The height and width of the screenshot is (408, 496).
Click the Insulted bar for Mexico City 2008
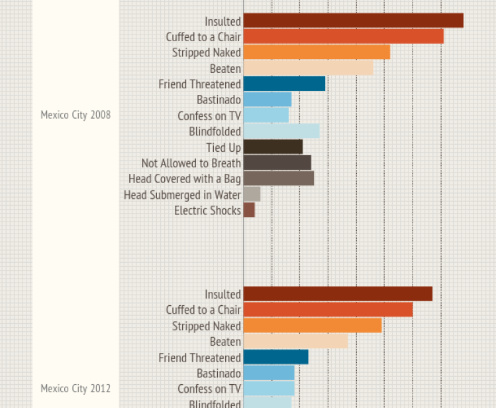coord(353,21)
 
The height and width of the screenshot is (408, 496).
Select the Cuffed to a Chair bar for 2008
coord(343,36)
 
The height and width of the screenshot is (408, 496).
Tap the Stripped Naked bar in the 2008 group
coord(317,52)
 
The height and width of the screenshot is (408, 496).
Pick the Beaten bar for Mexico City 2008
coord(308,68)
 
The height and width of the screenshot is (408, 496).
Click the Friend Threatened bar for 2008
coord(284,84)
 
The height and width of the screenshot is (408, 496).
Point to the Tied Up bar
coord(273,147)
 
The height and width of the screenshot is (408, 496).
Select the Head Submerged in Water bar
coord(252,194)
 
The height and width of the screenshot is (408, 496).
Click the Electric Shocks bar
coord(249,210)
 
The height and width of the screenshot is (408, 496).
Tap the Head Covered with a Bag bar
coord(279,178)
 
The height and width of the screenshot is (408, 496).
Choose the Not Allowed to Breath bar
coord(277,163)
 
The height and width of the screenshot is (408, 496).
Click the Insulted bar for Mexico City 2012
coord(338,294)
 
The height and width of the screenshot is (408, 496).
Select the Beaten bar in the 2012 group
coord(295,341)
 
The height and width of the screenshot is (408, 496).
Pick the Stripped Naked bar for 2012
coord(313,326)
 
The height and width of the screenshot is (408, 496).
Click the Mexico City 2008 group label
coord(75,115)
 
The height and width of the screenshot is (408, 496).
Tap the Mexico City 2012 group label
coord(75,388)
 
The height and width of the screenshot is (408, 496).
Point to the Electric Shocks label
coord(207,210)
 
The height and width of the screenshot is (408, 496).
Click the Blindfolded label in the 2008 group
coord(215,131)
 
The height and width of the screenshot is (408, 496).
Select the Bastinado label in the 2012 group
coord(219,374)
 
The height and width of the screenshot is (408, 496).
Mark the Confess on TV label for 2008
coord(209,115)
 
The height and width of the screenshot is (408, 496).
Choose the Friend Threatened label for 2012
coord(199,358)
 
